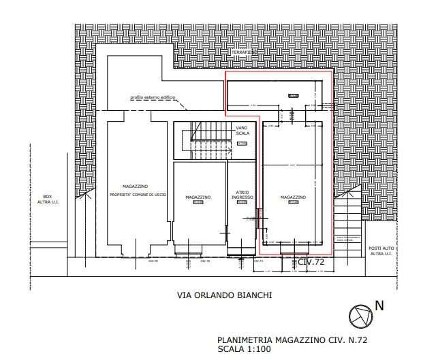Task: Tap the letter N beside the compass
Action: point(379,306)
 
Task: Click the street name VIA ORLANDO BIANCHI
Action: point(225,295)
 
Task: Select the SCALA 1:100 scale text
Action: point(245,348)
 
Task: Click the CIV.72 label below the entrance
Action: point(311,261)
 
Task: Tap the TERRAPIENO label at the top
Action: point(243,52)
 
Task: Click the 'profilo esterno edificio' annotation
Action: point(153,98)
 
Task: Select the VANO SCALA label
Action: point(243,131)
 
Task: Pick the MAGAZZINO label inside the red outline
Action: point(294,197)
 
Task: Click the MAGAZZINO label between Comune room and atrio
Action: point(198,197)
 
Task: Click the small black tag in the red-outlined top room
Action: point(293,96)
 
